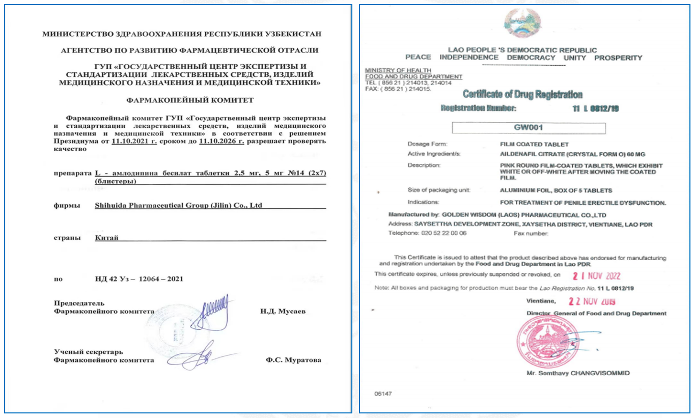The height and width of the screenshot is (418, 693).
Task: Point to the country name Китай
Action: coord(106,238)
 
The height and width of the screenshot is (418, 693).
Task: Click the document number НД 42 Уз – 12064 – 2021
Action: coord(138,279)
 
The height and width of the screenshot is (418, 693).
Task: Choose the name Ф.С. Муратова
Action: coord(293,360)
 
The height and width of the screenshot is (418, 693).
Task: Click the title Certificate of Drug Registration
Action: coord(522,95)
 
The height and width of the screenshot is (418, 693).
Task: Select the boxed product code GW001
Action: coord(529,128)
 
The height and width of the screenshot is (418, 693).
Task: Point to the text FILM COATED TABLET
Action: coord(534,144)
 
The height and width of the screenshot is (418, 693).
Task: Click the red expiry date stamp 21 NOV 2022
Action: coord(595,276)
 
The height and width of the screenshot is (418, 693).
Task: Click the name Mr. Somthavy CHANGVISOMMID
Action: coord(578,373)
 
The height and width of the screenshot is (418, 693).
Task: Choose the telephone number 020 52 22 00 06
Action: coord(442,233)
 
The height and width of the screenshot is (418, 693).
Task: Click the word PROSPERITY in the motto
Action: coord(618,58)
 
